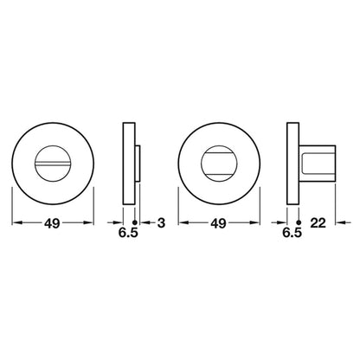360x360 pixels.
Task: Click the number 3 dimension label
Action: coord(161,222)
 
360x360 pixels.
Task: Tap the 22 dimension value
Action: coord(318,222)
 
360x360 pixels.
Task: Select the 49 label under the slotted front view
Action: coord(52,223)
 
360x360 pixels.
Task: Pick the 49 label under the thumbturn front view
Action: coord(219,223)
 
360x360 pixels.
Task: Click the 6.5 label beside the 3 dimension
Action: coord(128,233)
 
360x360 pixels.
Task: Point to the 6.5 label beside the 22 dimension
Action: coord(292,233)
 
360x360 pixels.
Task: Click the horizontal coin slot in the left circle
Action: coord(53,164)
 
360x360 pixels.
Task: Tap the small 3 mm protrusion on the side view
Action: coord(138,164)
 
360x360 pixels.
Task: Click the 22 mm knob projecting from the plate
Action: coord(318,164)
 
